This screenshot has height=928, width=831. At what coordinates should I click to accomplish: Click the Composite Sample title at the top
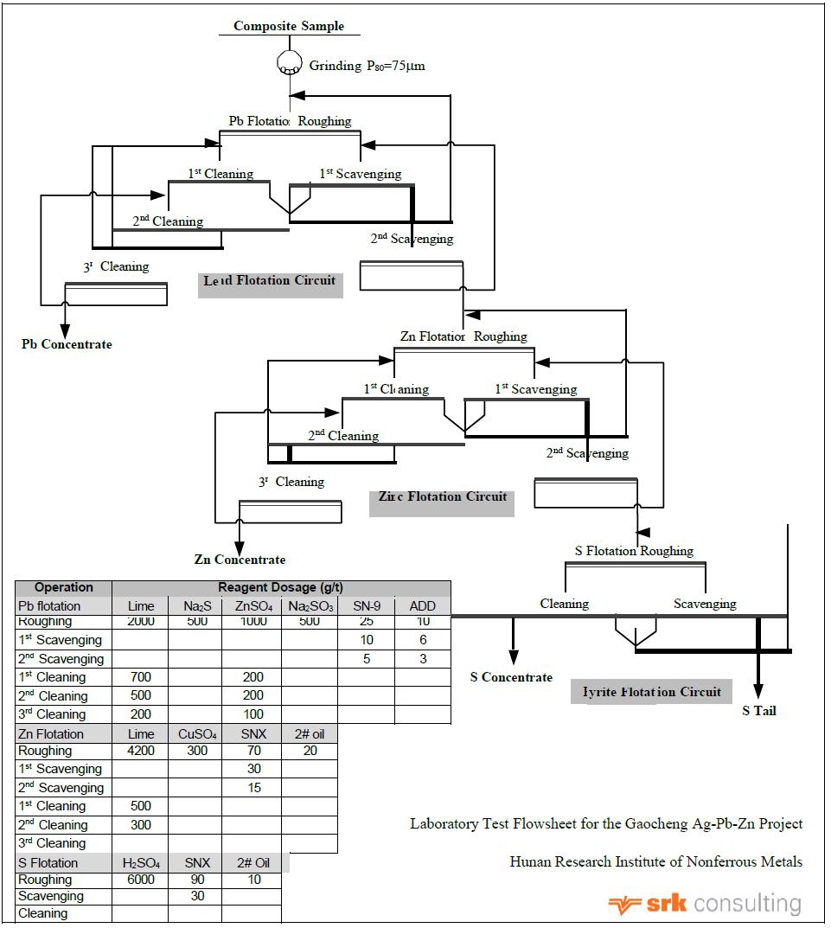click(x=288, y=26)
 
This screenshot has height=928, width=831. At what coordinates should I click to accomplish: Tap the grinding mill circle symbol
click(x=288, y=63)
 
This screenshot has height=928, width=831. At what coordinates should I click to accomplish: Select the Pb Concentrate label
click(x=67, y=344)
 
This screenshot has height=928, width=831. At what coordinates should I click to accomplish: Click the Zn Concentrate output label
click(x=240, y=560)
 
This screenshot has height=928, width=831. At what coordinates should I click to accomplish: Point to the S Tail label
click(x=759, y=711)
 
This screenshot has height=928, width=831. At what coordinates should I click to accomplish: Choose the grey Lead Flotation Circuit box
click(x=270, y=282)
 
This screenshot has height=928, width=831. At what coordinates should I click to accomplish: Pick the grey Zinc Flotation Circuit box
click(x=442, y=498)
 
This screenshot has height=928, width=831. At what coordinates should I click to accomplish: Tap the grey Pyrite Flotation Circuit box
click(x=651, y=692)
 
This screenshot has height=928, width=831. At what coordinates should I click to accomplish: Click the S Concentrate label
click(x=511, y=677)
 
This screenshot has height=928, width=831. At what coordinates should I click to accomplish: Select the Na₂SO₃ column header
click(x=309, y=606)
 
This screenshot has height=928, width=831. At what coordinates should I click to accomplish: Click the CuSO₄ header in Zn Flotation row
click(x=196, y=734)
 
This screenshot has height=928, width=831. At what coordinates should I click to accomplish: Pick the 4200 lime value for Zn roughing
click(x=141, y=751)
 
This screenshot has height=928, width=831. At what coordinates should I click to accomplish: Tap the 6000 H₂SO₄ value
click(x=141, y=880)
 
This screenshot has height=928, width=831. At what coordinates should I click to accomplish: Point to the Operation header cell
click(x=63, y=587)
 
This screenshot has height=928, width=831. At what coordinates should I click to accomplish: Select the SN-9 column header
click(x=367, y=606)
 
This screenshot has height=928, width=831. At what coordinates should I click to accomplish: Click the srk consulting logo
click(x=704, y=905)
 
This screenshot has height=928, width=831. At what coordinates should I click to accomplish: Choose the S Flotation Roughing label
click(x=634, y=551)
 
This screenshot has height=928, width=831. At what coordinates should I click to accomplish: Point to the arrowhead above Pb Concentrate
click(x=65, y=332)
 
